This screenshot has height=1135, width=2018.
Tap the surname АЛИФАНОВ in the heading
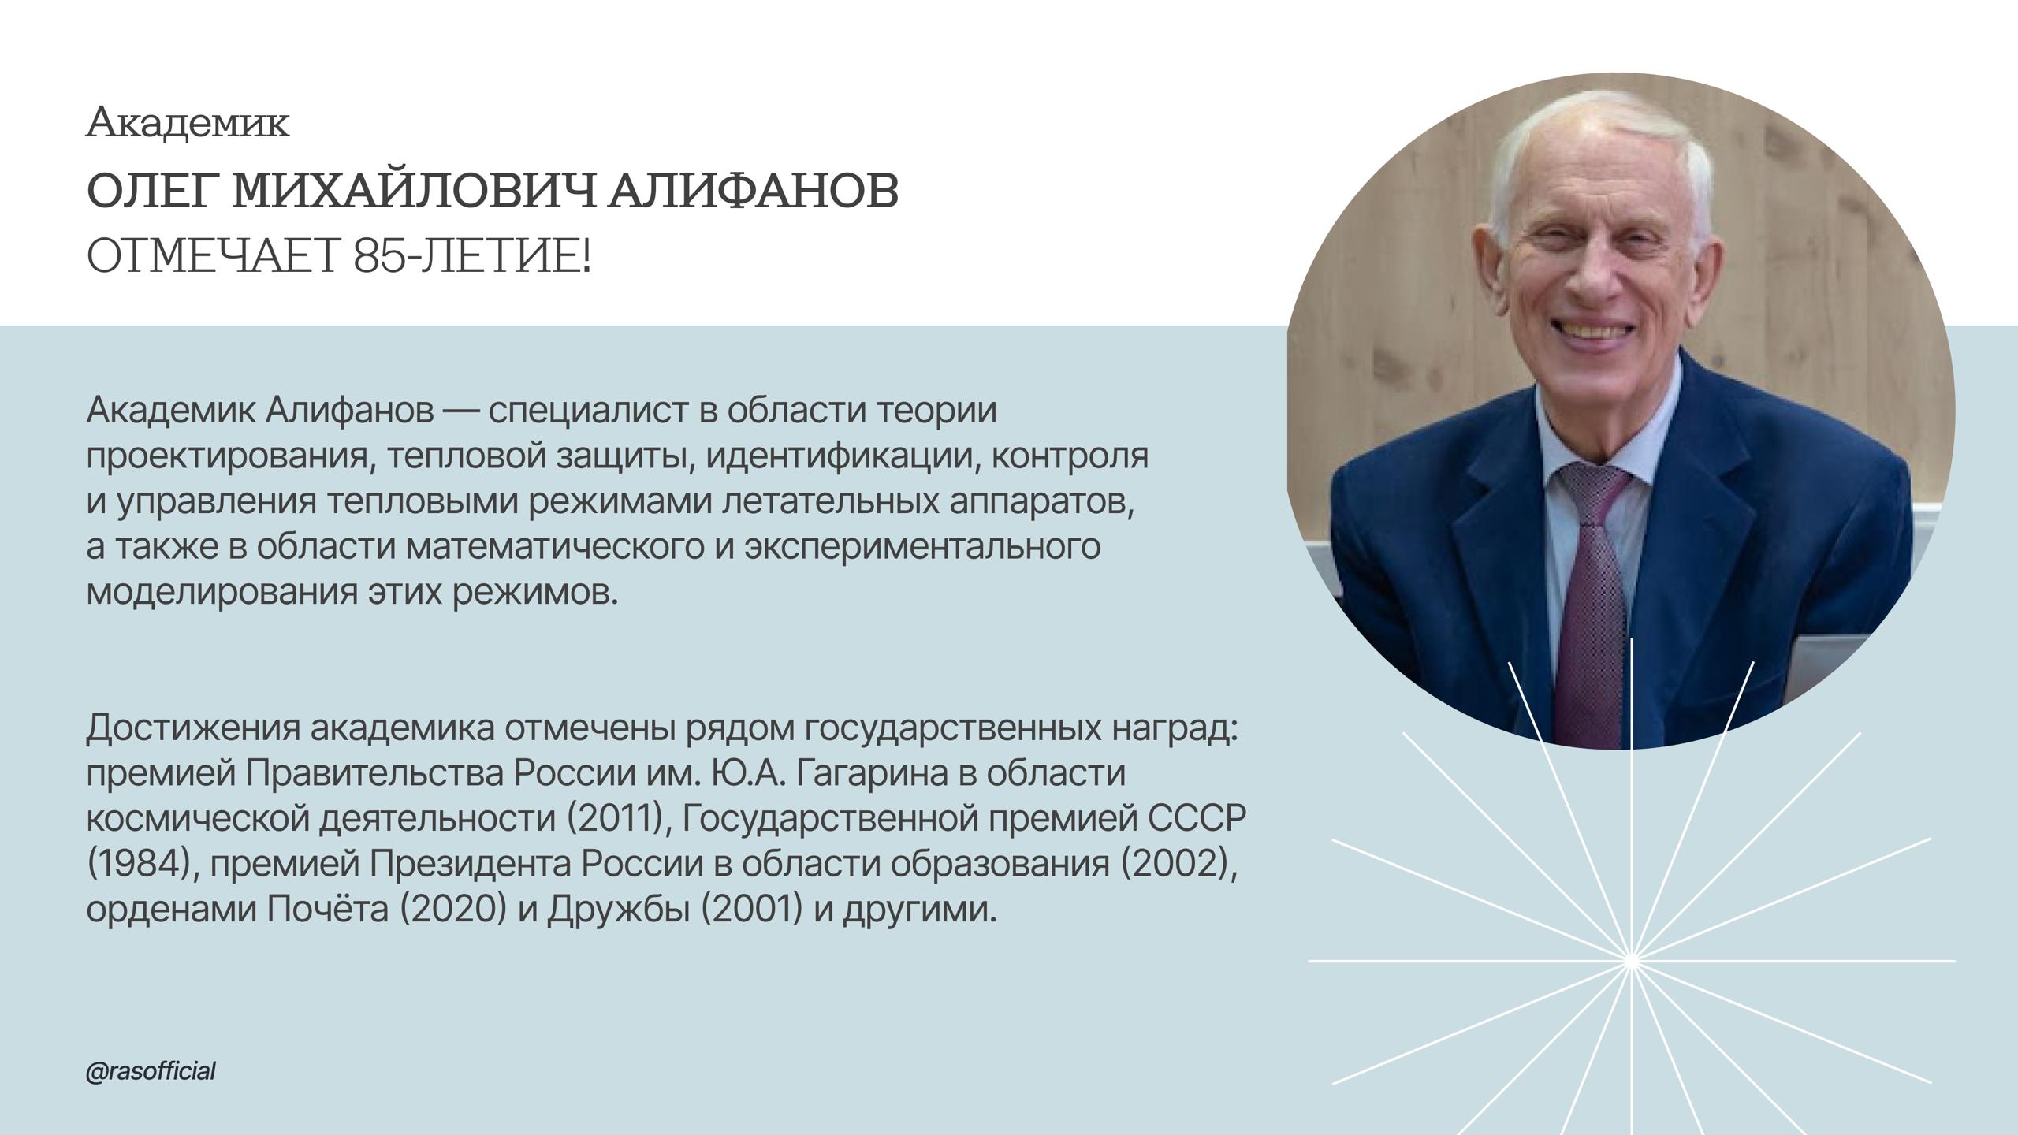[x=754, y=192]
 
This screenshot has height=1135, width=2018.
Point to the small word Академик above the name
[x=188, y=124]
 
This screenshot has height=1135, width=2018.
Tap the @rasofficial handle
[x=151, y=1072]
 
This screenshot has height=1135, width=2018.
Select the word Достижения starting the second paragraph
[x=193, y=729]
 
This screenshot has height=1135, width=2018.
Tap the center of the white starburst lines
[x=1631, y=961]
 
